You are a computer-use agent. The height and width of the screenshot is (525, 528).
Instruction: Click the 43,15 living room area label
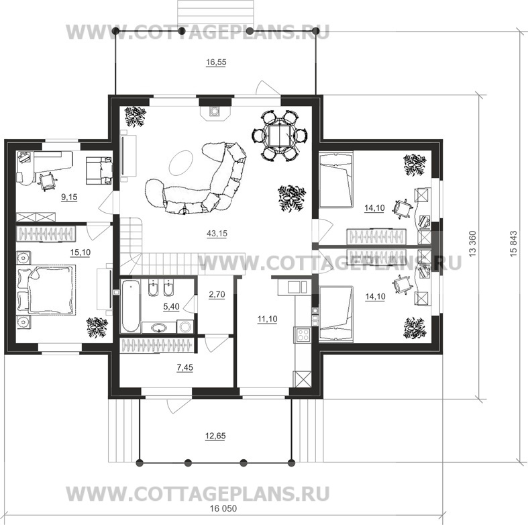coord(217,233)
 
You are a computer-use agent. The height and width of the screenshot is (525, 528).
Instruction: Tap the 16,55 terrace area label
coord(216,62)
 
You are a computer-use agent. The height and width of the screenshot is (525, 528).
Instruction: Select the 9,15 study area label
coord(69,197)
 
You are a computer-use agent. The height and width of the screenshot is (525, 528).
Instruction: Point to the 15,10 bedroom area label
coord(80,252)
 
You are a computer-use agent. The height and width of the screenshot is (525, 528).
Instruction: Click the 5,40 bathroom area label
coord(171,307)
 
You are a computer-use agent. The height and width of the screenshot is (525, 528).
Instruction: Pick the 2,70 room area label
coord(217,295)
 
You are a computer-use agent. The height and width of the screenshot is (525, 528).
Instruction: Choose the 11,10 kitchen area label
coord(268,319)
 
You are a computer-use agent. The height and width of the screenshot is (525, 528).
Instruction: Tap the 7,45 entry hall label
coord(185,368)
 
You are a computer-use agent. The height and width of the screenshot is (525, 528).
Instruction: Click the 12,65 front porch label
coord(215,436)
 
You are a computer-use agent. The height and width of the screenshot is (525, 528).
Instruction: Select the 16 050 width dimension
coord(223,508)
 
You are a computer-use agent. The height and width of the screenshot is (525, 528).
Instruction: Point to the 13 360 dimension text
coord(472,244)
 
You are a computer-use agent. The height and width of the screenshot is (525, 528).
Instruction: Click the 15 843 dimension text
coord(513,244)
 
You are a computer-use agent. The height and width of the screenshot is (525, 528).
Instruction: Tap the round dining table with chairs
coord(280,135)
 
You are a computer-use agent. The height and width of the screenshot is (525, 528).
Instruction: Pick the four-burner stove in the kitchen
coord(303,334)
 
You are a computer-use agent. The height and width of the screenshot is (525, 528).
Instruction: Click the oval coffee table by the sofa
coord(181,162)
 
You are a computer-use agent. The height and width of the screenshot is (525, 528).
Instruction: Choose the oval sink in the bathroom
coord(159,327)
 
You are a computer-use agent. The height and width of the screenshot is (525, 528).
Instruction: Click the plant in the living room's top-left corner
coord(135,116)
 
